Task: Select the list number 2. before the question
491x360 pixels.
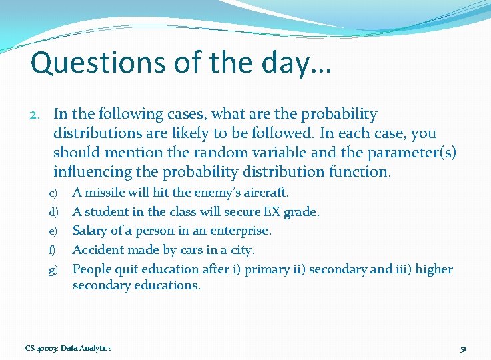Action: [38, 115]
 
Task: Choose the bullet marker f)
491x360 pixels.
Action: [53, 251]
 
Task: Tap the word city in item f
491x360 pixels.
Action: [243, 250]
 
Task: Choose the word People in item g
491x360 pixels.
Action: [91, 269]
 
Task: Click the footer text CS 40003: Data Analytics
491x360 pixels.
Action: [68, 348]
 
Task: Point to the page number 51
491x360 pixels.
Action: [464, 349]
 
